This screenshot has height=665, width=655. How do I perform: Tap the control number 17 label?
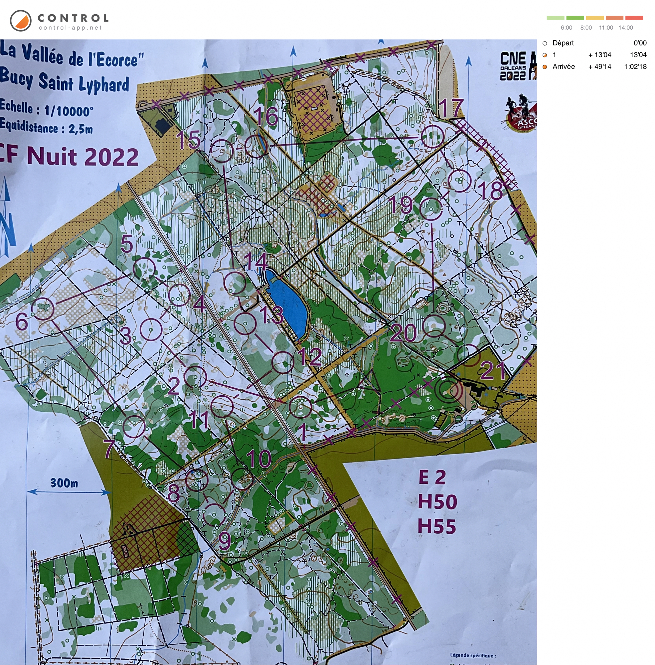pyautogui.click(x=451, y=108)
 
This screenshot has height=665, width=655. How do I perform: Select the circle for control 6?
pyautogui.click(x=43, y=309)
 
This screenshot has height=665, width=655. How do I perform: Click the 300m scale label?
pyautogui.click(x=64, y=483)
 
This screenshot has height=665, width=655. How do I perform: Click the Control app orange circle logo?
pyautogui.click(x=21, y=21)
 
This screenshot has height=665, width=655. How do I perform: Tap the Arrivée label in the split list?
pyautogui.click(x=563, y=67)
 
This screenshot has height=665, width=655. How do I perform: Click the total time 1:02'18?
pyautogui.click(x=635, y=67)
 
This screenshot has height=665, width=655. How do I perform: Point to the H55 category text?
pyautogui.click(x=436, y=526)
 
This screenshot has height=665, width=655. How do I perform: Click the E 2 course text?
pyautogui.click(x=432, y=477)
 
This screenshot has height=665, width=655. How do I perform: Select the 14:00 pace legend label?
pyautogui.click(x=625, y=28)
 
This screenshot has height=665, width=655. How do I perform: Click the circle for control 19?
pyautogui.click(x=431, y=209)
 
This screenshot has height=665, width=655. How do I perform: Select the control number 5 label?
pyautogui.click(x=126, y=244)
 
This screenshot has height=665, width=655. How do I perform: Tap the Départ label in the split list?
pyautogui.click(x=563, y=43)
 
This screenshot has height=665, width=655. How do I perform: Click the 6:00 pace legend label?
pyautogui.click(x=566, y=28)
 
